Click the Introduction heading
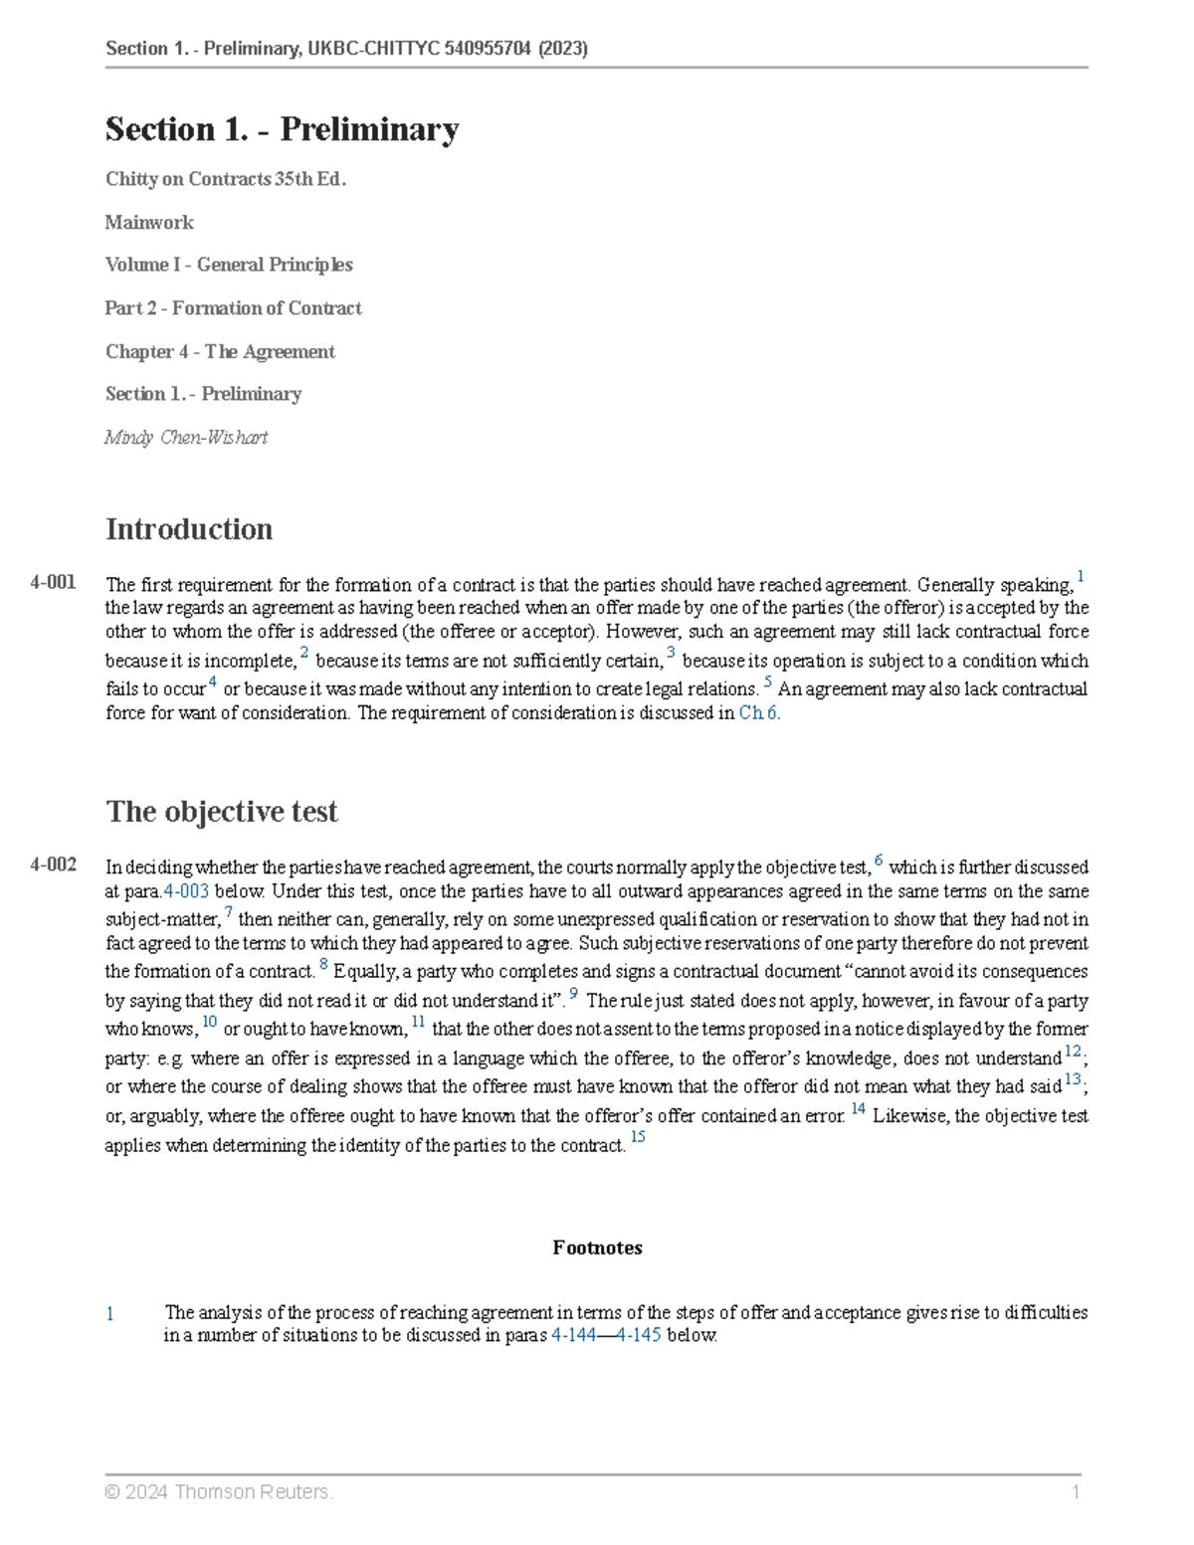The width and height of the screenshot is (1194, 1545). (189, 529)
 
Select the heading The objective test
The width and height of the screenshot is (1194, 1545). (222, 812)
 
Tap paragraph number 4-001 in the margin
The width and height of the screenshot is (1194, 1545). (54, 582)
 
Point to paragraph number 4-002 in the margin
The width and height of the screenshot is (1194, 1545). (54, 865)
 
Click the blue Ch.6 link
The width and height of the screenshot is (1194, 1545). (758, 712)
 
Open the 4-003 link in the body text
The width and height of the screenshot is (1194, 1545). (186, 891)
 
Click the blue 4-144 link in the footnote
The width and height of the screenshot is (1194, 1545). (573, 1335)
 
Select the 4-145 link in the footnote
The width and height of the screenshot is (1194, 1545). (639, 1335)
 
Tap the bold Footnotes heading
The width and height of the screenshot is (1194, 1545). (597, 1248)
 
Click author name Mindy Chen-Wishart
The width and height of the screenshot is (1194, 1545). (186, 437)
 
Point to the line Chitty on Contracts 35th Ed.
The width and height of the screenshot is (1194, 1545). (226, 179)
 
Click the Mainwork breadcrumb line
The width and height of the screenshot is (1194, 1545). (149, 222)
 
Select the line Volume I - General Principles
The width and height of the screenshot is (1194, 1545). (229, 265)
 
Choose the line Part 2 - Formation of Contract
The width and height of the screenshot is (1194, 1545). (233, 308)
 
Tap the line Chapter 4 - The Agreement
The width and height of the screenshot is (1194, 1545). (220, 351)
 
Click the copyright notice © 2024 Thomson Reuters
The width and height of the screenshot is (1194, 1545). (219, 1491)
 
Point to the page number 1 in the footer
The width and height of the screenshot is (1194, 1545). (1076, 1491)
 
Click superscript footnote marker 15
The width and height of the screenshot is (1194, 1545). (638, 1136)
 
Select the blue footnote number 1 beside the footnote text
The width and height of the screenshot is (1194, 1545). (110, 1314)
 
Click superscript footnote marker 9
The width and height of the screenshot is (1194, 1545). (574, 993)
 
